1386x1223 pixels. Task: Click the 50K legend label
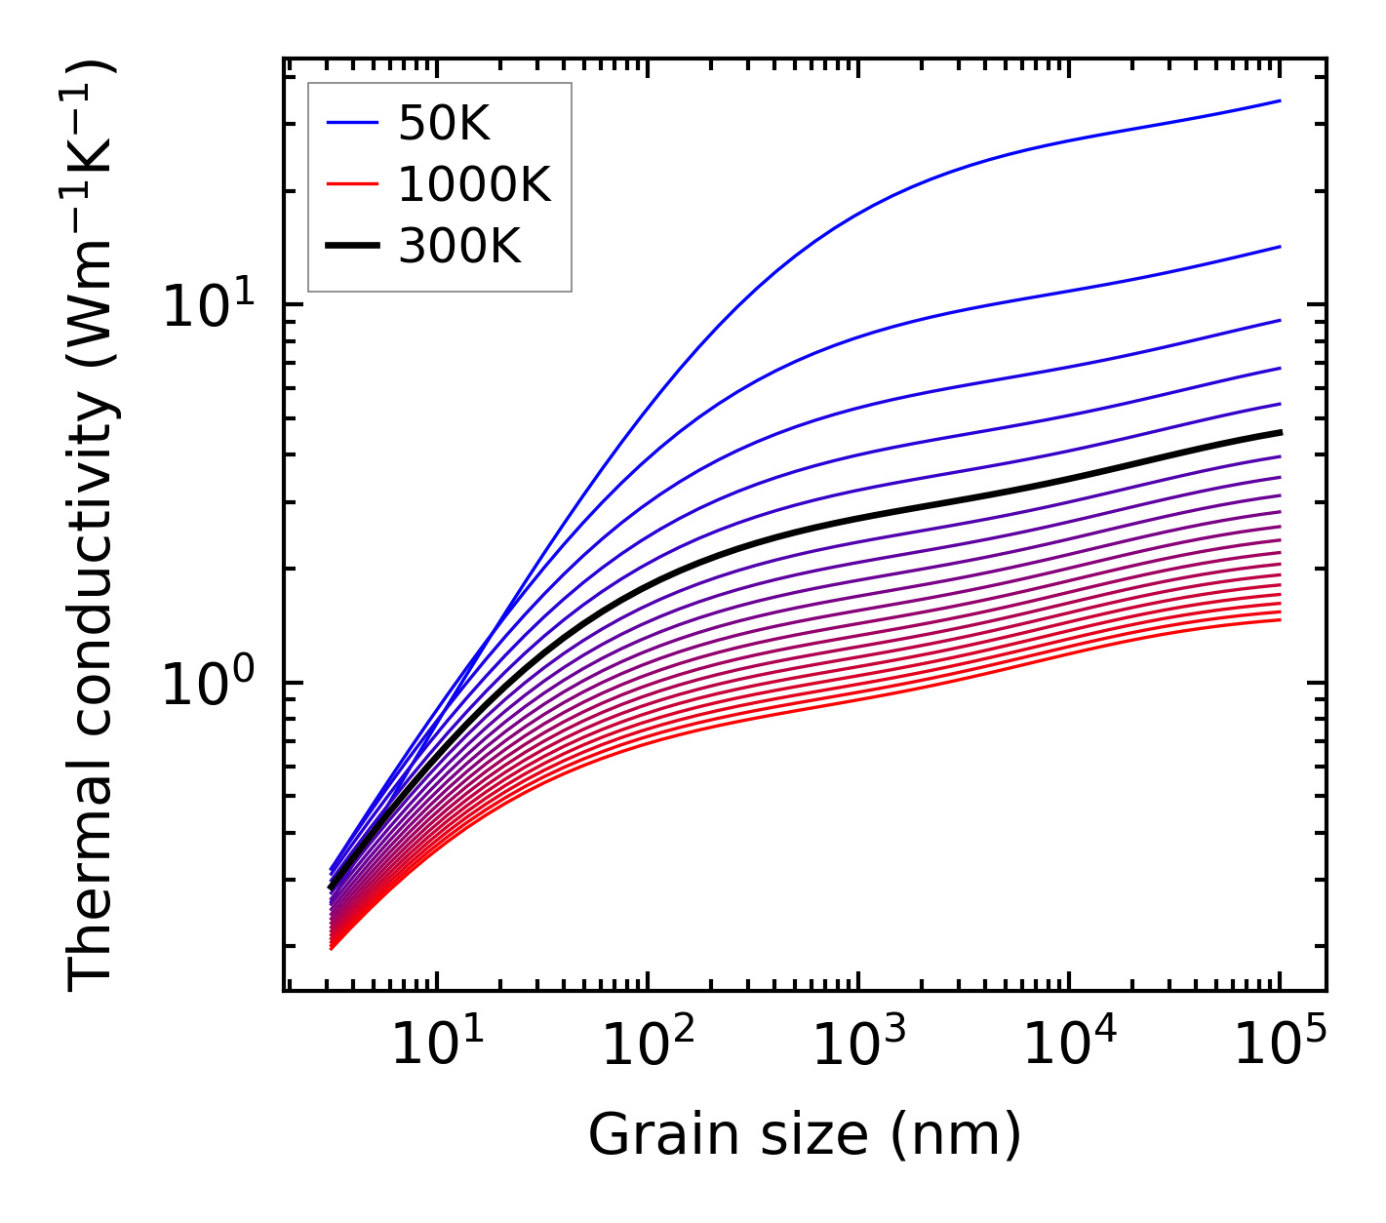[443, 123]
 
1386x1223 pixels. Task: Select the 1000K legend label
[474, 184]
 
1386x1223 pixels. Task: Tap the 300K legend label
[459, 247]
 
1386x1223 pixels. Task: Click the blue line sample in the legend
[351, 123]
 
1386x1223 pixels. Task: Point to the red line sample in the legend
[351, 184]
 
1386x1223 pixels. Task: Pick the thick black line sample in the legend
[351, 247]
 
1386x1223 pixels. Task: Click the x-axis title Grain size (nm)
[805, 1135]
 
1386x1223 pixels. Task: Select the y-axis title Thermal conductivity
[92, 525]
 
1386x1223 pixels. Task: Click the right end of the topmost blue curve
[1280, 100]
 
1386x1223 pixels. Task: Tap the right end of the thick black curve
[1280, 431]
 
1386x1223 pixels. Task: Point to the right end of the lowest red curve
[1280, 620]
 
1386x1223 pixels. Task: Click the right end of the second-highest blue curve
[1280, 247]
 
